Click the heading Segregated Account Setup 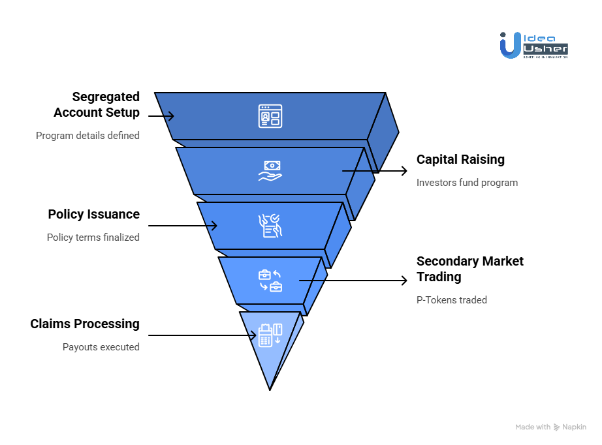[x=97, y=104]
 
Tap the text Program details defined [x=87, y=136]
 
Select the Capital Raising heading [x=460, y=159]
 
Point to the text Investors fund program [x=467, y=183]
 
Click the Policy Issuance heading [x=93, y=214]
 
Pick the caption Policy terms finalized [x=93, y=238]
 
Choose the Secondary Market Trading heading [x=469, y=269]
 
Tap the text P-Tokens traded [x=452, y=300]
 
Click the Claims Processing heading [x=85, y=324]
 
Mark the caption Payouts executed [x=101, y=347]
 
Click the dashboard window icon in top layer [x=270, y=116]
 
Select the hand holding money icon [x=270, y=171]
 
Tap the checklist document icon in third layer [x=270, y=226]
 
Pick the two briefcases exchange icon [x=270, y=281]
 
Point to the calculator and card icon [x=270, y=335]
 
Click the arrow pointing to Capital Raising [x=375, y=171]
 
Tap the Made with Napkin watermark [x=550, y=427]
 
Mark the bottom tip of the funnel [x=270, y=389]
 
